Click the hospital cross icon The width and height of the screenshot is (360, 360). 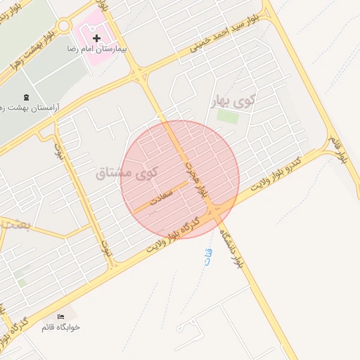[96, 37]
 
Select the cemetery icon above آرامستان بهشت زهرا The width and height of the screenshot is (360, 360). [27, 97]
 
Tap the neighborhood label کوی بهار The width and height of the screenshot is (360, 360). [235, 102]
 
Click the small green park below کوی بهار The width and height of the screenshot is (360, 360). [227, 117]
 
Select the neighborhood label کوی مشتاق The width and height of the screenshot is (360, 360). [127, 170]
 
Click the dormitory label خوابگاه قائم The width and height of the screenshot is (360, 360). [61, 327]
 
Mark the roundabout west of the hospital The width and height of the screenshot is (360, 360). [64, 26]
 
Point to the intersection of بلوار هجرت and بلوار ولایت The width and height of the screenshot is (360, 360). [217, 210]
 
